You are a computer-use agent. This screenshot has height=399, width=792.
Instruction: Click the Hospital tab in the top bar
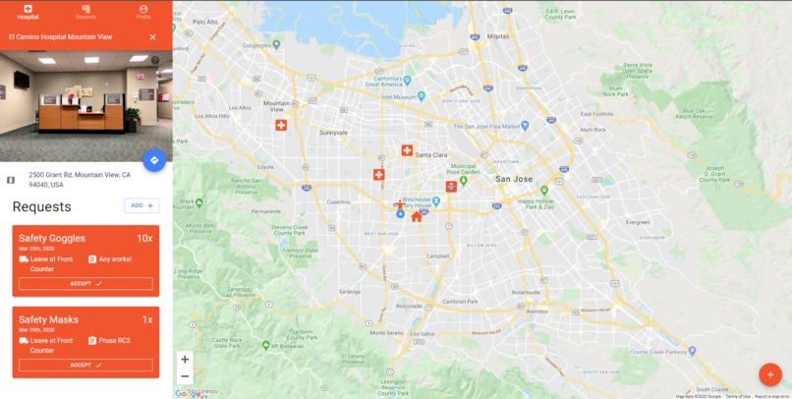[28, 12]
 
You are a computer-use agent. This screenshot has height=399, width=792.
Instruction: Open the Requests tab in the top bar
[85, 12]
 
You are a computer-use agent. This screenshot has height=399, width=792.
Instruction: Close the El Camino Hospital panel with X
[152, 37]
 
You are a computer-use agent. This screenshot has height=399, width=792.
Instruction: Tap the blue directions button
[153, 160]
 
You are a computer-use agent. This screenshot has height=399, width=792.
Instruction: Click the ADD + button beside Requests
[141, 205]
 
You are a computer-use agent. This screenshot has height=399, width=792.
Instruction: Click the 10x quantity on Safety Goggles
[144, 238]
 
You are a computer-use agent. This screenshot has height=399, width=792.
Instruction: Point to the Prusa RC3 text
[114, 340]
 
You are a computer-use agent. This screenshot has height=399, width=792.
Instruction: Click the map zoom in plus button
[185, 360]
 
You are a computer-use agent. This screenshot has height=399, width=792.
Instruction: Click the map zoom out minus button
[185, 376]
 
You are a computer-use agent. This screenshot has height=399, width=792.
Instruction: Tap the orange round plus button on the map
[770, 374]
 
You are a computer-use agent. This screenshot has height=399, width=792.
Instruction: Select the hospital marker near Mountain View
[281, 125]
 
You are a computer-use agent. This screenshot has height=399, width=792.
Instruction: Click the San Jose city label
[514, 179]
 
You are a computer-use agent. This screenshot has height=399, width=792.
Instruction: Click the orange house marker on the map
[417, 216]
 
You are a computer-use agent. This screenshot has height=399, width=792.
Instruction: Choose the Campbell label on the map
[438, 255]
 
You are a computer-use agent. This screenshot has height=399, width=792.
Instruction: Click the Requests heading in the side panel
[41, 206]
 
